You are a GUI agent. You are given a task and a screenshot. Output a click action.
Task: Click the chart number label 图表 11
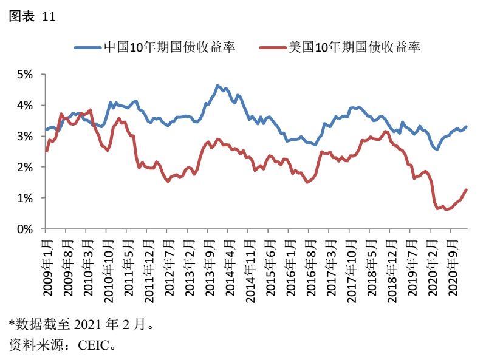[32, 17]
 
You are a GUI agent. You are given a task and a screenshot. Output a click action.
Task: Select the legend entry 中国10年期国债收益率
[171, 47]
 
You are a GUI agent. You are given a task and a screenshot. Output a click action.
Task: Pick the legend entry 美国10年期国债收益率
[355, 47]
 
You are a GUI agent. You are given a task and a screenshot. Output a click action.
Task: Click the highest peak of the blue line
[217, 86]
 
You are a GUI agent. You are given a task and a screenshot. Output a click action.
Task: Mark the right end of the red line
[467, 189]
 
